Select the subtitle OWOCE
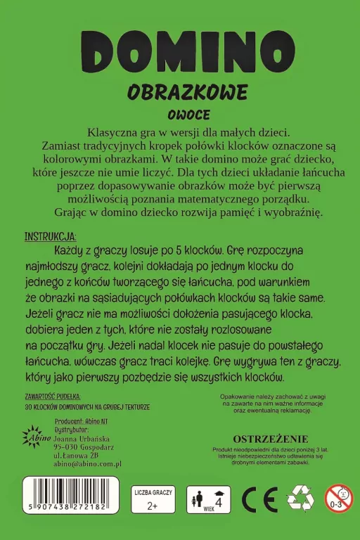180,115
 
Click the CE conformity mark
258,500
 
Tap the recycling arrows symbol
300,499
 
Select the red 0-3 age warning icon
338,498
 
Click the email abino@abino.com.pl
88,464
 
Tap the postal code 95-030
68,446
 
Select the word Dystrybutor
72,428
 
